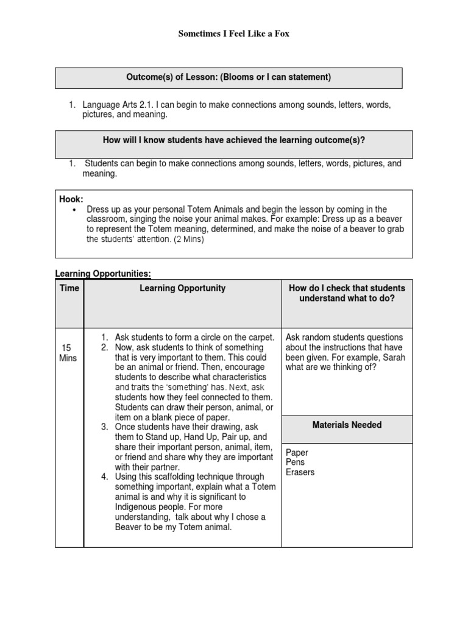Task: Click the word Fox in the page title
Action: tap(282, 34)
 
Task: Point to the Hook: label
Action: tap(71, 199)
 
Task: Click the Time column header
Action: tap(69, 288)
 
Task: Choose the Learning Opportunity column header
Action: tap(182, 288)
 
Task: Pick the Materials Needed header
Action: tap(347, 425)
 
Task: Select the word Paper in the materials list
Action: tap(297, 453)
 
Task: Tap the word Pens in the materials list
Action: tap(295, 463)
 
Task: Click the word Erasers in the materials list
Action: tap(300, 472)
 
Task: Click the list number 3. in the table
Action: tap(105, 427)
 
